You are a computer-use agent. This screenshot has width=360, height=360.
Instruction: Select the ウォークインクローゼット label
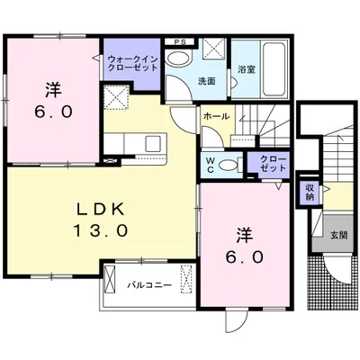tap(131, 63)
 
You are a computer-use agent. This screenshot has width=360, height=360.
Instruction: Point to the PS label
tap(180, 41)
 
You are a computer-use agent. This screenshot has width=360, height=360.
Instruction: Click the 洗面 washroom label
tap(207, 81)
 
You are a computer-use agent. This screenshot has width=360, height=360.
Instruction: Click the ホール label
tap(215, 117)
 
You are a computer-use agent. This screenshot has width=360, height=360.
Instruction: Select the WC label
tap(208, 165)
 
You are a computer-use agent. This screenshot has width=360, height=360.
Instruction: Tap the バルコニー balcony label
tap(143, 284)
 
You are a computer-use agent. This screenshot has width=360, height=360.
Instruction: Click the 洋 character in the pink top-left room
tap(53, 90)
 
